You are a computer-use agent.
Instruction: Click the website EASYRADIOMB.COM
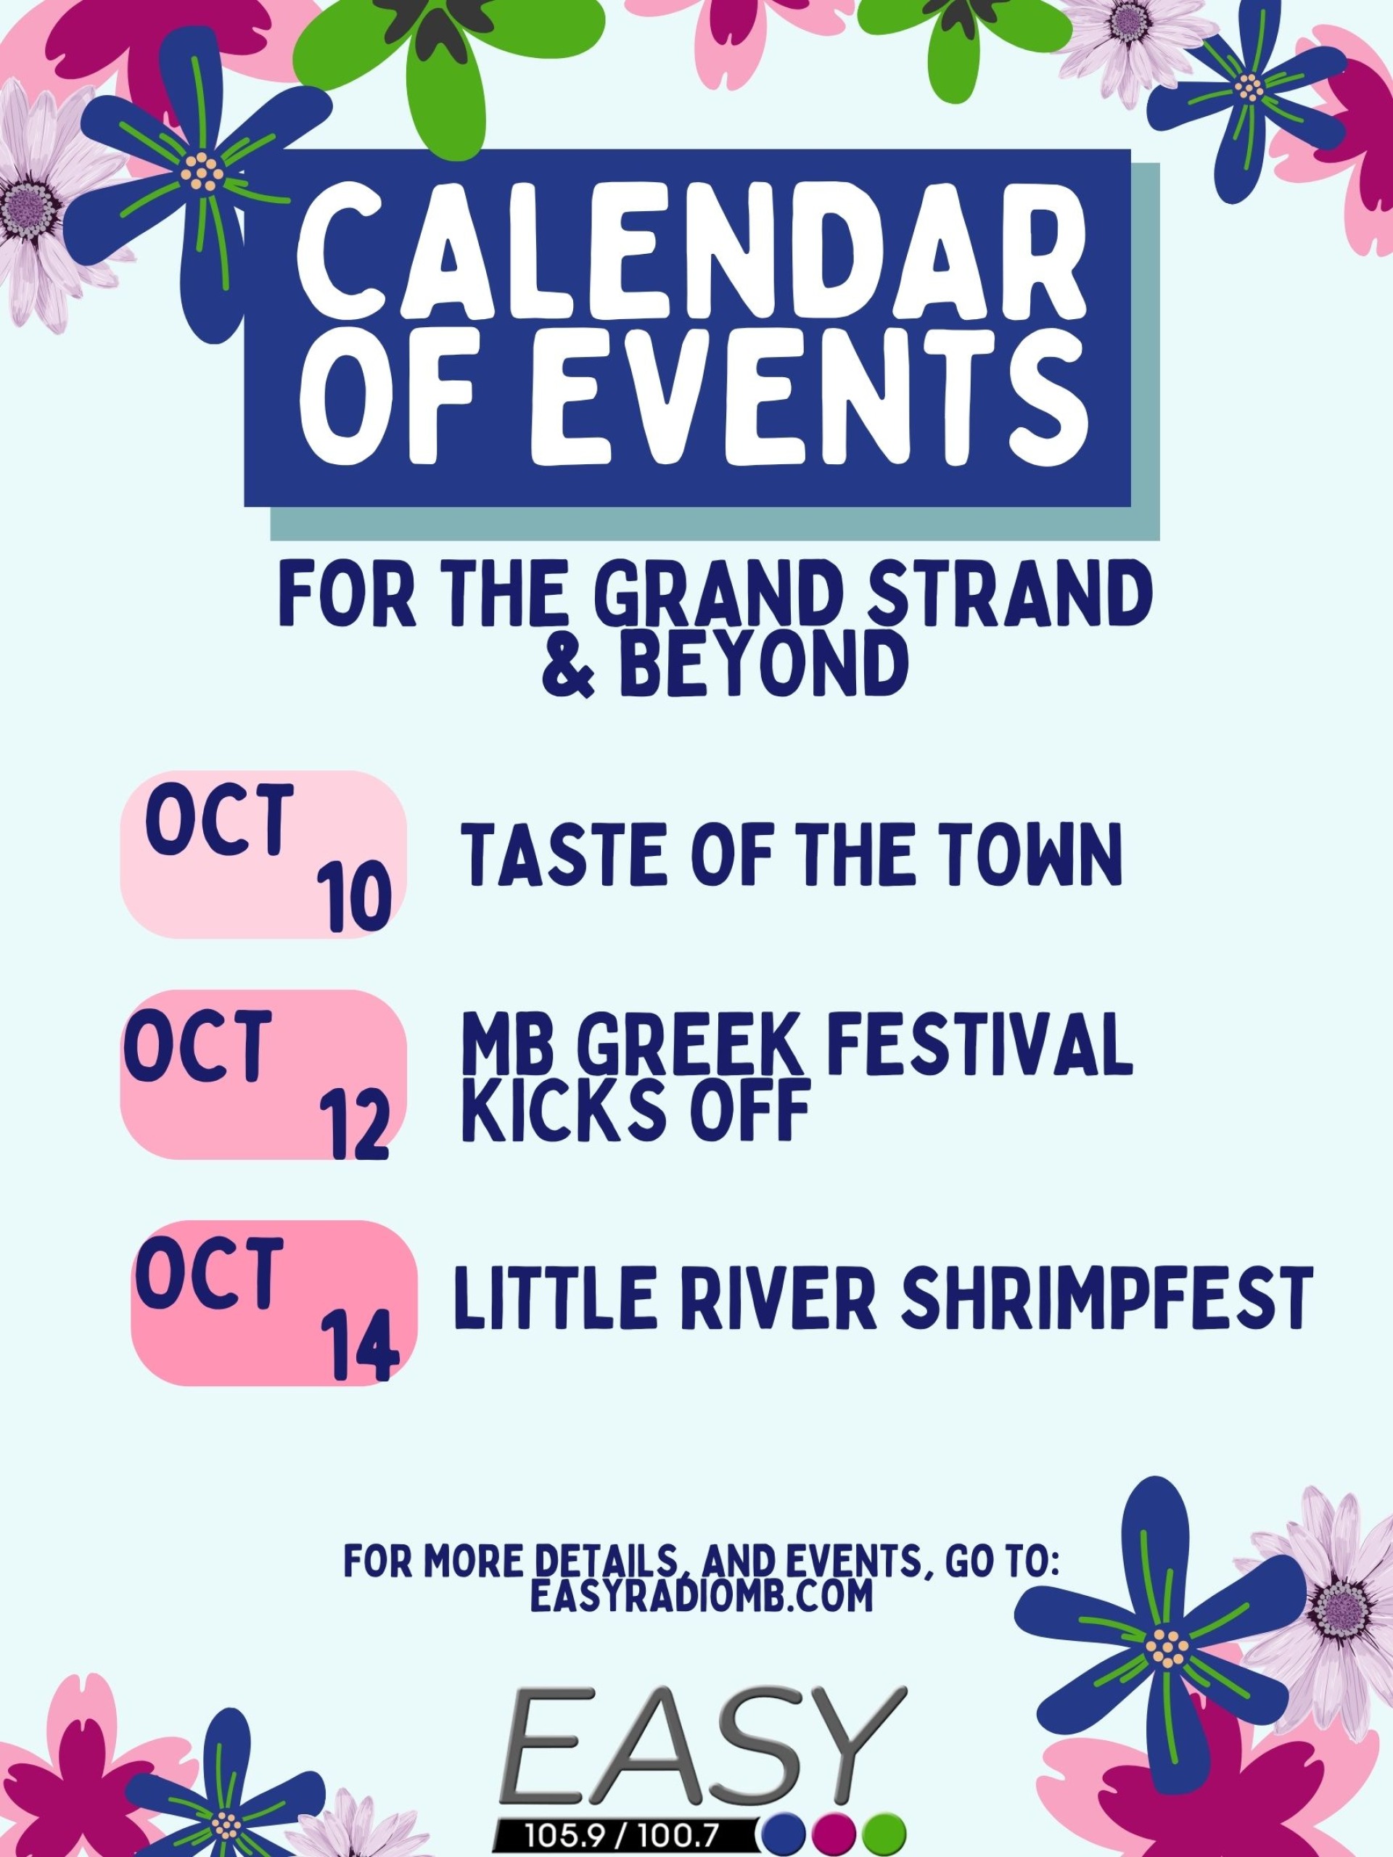coord(702,1597)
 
